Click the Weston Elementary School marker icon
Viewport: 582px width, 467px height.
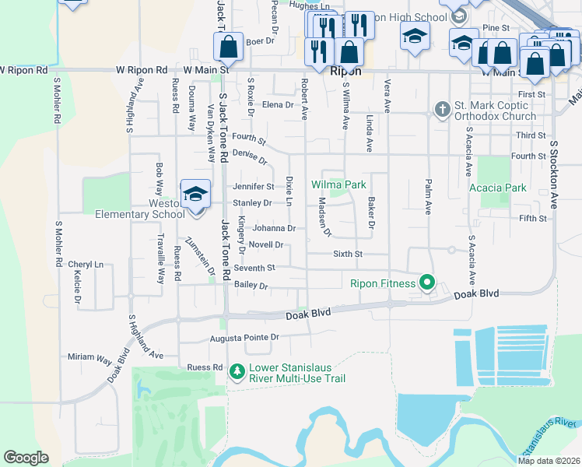click(195, 195)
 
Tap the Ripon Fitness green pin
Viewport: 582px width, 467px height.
click(426, 283)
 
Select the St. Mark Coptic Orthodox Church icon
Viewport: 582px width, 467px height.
click(442, 109)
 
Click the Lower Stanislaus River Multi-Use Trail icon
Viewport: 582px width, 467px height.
click(237, 373)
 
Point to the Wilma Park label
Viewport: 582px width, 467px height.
click(338, 185)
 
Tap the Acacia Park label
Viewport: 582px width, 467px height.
click(498, 188)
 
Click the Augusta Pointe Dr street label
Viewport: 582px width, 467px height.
click(244, 338)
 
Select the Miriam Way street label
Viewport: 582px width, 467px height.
click(89, 358)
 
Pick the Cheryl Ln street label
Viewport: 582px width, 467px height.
click(86, 265)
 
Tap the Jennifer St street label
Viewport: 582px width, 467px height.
click(253, 187)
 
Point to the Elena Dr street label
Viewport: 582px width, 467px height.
click(278, 105)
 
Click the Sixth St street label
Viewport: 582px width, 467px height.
click(348, 254)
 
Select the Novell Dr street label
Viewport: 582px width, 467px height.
click(265, 244)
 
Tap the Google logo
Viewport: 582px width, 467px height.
click(26, 458)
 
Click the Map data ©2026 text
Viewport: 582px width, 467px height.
click(548, 461)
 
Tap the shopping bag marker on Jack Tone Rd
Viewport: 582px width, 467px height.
click(228, 48)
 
